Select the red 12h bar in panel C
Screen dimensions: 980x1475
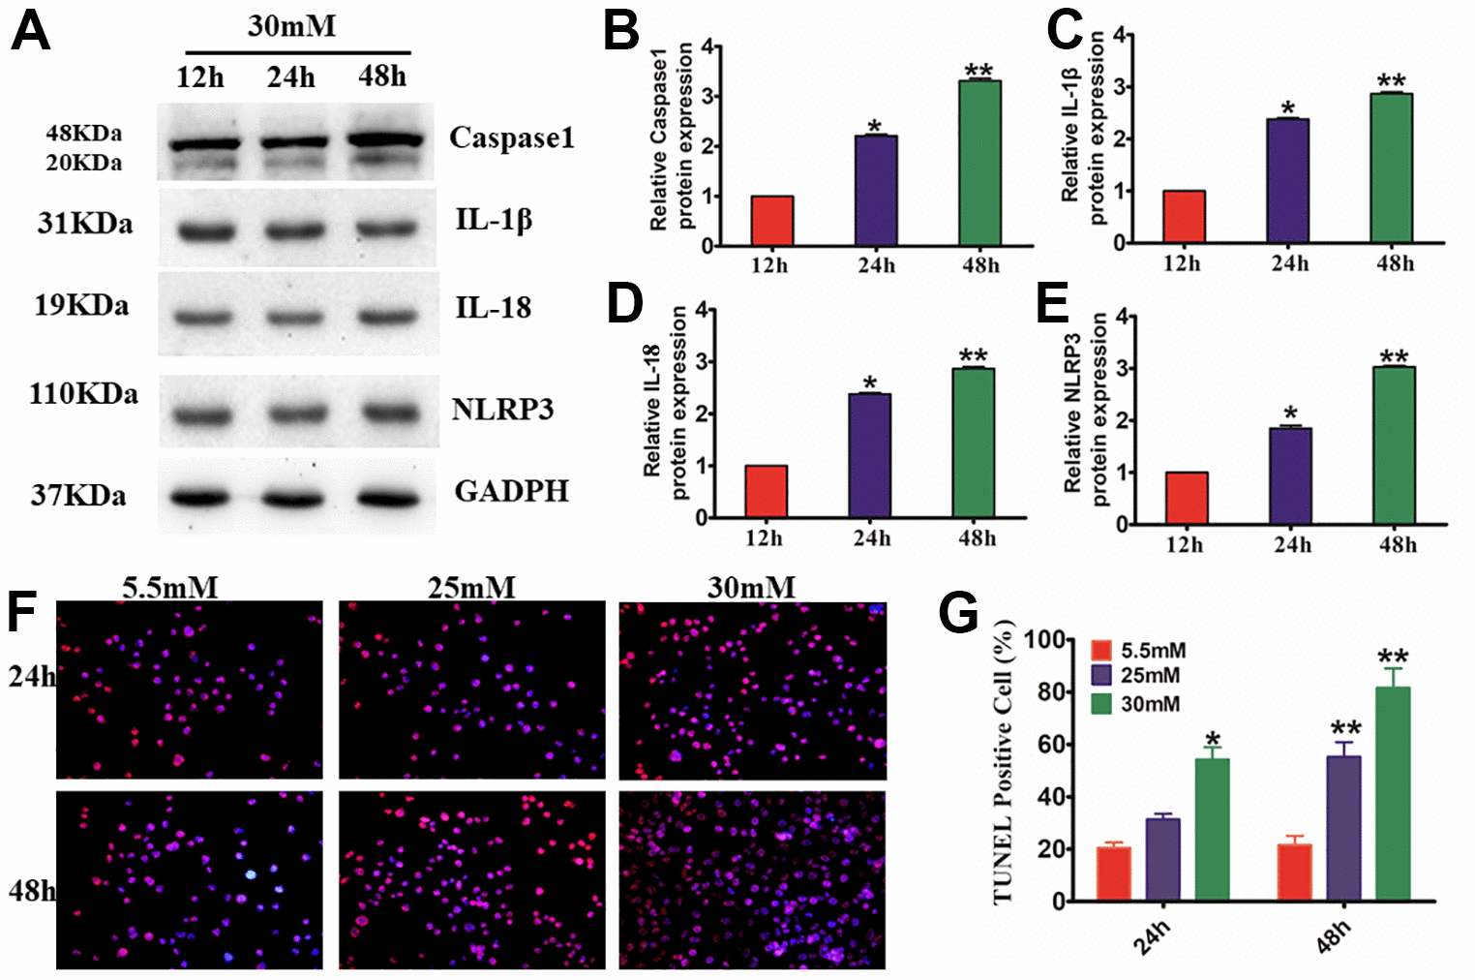[1184, 216]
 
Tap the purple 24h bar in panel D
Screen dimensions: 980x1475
[869, 455]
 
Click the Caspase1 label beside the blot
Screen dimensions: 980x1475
[511, 138]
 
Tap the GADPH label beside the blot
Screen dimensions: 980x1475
[511, 492]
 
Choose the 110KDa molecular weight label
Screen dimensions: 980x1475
[83, 395]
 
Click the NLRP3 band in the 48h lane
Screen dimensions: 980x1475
[390, 414]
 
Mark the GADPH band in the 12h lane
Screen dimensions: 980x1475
[204, 498]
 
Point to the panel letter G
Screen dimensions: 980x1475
[958, 612]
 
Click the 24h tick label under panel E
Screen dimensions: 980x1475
[1292, 545]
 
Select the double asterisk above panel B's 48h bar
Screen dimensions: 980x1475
[978, 71]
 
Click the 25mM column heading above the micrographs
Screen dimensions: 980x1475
[471, 587]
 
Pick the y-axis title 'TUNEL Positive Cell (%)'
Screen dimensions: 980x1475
[1004, 765]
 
